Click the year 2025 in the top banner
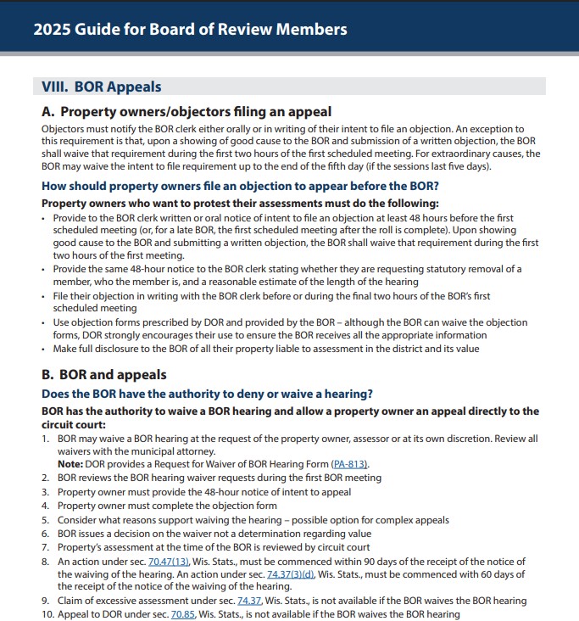(x=52, y=29)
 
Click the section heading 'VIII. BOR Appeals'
(x=101, y=87)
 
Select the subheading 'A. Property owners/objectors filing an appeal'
(x=187, y=111)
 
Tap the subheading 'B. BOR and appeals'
(x=103, y=374)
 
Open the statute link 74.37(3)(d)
(x=291, y=574)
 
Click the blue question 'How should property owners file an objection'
(x=240, y=186)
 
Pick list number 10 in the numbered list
(x=47, y=613)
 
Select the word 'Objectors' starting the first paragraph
(x=64, y=128)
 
